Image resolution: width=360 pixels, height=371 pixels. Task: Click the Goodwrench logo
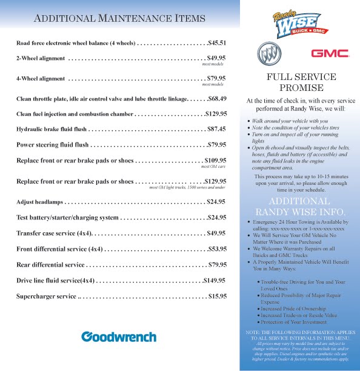coord(119,336)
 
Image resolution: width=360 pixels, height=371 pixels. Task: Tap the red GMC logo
coord(330,54)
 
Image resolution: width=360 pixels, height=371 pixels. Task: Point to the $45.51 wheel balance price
coord(216,43)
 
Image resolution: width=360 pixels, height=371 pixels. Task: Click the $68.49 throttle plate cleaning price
coord(216,98)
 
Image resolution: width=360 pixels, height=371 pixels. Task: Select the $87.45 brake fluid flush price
coord(216,129)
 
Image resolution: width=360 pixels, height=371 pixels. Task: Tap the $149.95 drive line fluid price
coord(215,280)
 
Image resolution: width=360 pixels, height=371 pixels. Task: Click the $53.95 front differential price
coord(216,249)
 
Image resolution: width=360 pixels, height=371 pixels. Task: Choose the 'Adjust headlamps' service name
coord(39,201)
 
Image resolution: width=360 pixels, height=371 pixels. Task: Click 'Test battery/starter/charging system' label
coord(67,217)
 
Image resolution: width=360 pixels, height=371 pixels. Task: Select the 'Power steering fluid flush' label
coord(52,145)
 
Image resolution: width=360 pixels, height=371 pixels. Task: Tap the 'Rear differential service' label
coord(50,264)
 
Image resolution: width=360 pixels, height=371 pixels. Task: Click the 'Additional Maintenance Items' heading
coord(119,18)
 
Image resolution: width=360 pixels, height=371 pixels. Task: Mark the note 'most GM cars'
coord(213,166)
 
